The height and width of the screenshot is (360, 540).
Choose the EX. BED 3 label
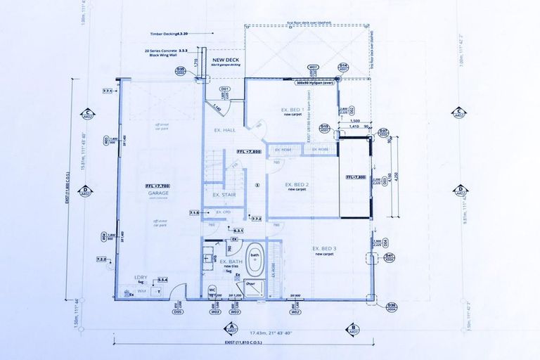tap(323, 250)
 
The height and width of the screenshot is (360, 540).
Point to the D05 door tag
tap(178, 311)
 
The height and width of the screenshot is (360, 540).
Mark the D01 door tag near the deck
tap(226, 89)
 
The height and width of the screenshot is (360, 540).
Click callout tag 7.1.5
tap(194, 212)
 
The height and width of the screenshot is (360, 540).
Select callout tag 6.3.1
tap(238, 230)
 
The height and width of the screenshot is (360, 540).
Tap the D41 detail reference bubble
tap(390, 256)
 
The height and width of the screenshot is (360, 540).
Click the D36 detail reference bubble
tap(392, 304)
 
